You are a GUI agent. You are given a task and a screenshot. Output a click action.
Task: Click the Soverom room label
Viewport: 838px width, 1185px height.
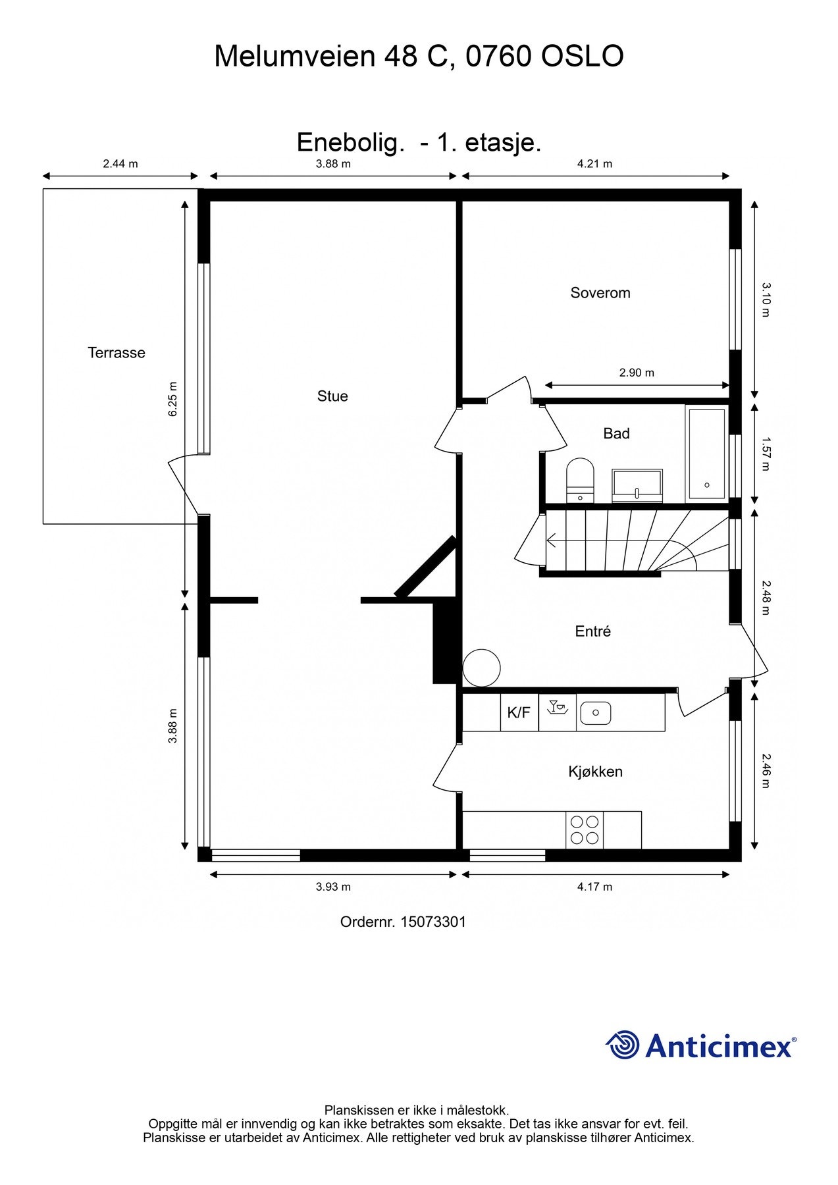[x=600, y=293]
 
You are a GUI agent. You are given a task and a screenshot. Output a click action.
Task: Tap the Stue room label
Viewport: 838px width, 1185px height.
[x=332, y=396]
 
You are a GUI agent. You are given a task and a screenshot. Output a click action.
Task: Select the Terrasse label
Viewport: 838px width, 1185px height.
[x=117, y=353]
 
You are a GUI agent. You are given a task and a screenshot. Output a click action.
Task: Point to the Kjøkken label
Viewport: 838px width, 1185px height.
[x=595, y=772]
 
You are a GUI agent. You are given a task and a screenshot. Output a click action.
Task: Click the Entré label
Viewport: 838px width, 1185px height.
[x=592, y=631]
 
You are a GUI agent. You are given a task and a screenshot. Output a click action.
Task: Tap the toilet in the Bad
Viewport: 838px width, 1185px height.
[x=580, y=481]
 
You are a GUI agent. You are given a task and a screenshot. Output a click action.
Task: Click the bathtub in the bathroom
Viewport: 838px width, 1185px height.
[x=706, y=454]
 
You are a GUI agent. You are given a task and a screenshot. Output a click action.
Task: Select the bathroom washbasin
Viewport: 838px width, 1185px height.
[x=637, y=486]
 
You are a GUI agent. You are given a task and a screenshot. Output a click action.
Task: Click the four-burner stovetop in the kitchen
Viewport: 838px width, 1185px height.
[x=585, y=830]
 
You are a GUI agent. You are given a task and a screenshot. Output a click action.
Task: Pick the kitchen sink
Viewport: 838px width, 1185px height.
[x=595, y=712]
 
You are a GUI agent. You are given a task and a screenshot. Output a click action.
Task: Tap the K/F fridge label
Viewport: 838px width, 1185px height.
[x=519, y=712]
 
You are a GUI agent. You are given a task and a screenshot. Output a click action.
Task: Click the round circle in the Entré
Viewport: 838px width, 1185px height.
[x=482, y=668]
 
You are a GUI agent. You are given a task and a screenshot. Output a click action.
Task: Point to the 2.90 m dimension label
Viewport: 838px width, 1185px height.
[x=637, y=373]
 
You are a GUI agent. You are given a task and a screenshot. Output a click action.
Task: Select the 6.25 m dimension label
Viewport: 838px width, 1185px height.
[x=173, y=399]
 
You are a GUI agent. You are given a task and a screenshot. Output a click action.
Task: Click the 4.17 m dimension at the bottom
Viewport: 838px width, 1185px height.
[x=594, y=887]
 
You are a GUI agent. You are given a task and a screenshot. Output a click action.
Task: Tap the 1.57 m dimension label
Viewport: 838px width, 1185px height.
[x=766, y=455]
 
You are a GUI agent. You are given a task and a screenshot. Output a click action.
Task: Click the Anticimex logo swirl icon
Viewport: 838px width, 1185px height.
[x=623, y=1045]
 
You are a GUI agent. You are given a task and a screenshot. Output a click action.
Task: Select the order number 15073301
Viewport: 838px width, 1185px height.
[x=432, y=922]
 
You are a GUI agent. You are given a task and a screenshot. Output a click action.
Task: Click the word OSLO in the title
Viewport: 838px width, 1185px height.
[x=582, y=57]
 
